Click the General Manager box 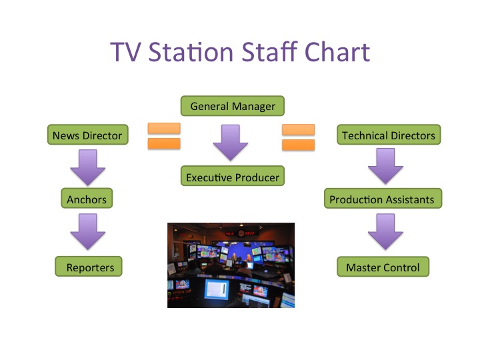pyautogui.click(x=232, y=106)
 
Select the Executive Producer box pyautogui.click(x=232, y=177)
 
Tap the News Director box pyautogui.click(x=87, y=135)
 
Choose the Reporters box pyautogui.click(x=90, y=268)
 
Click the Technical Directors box pyautogui.click(x=388, y=135)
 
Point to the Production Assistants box pyautogui.click(x=382, y=199)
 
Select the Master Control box pyautogui.click(x=383, y=268)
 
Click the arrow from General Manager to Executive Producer pyautogui.click(x=231, y=141)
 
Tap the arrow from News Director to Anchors pyautogui.click(x=87, y=167)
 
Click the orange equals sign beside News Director pyautogui.click(x=163, y=135)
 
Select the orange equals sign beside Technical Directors pyautogui.click(x=299, y=135)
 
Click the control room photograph pyautogui.click(x=231, y=265)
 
